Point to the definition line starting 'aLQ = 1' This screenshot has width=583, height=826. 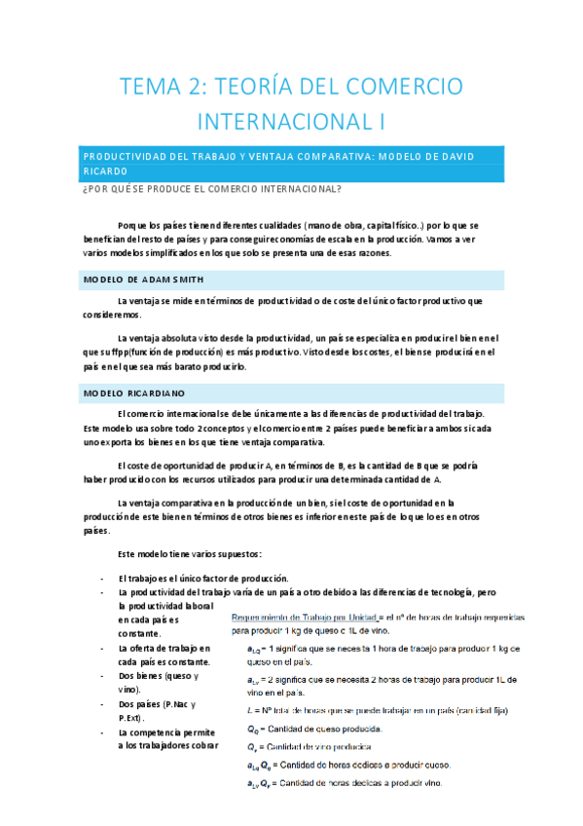[384, 648]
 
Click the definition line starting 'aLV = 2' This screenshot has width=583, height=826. [384, 679]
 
